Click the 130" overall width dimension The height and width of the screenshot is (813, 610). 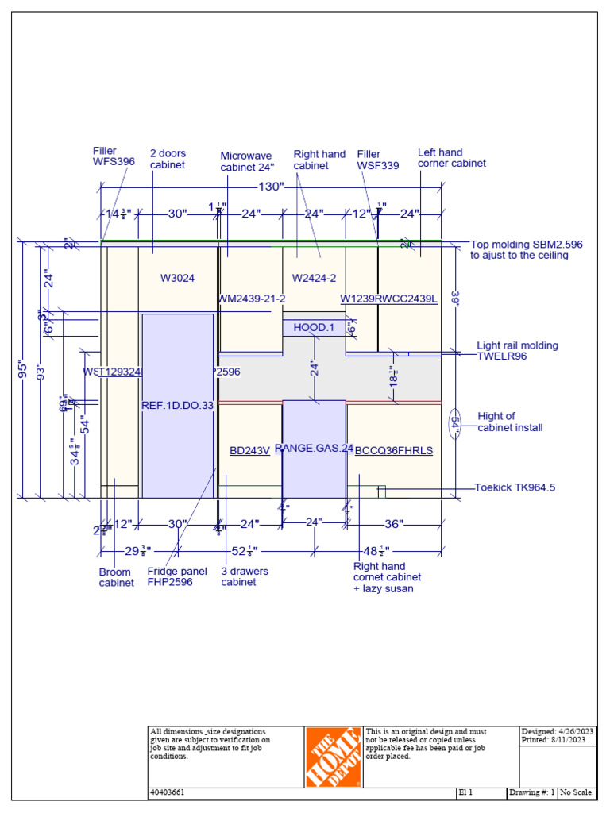[270, 187]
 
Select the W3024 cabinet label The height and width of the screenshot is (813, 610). [177, 278]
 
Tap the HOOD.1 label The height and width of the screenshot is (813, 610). [314, 327]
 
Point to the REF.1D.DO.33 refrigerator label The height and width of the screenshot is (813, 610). [178, 405]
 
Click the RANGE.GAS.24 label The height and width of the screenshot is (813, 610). [314, 449]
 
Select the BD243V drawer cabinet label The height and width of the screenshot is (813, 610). [249, 450]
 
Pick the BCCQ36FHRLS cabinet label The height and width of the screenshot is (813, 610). [394, 450]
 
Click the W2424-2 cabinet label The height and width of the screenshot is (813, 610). [314, 278]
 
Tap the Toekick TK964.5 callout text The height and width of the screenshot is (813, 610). [515, 487]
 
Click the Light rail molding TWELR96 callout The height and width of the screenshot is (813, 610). [517, 351]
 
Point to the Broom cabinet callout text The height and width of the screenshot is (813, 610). [116, 577]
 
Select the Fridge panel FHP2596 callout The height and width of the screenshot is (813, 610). [176, 576]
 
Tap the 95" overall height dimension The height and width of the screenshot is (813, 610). [24, 370]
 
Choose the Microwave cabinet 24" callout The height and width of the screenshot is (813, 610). [247, 161]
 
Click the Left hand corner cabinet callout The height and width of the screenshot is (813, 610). [451, 158]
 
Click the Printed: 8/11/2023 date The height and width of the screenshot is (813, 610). [558, 740]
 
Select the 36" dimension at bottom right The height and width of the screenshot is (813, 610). [394, 524]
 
